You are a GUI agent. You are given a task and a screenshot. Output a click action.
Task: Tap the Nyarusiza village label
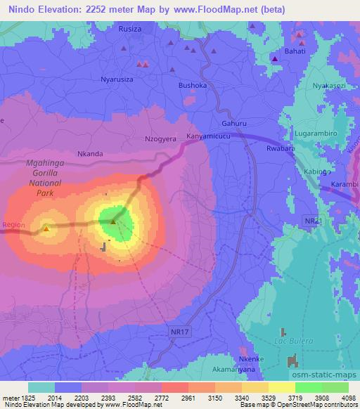coord(117,79)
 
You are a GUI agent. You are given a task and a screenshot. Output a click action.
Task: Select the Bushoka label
coord(192,85)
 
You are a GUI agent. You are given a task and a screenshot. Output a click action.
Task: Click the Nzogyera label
coord(160,139)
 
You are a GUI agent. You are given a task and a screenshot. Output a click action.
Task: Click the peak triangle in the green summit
coord(113,223)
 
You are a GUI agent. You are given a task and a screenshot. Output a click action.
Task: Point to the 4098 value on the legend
coord(345,397)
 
